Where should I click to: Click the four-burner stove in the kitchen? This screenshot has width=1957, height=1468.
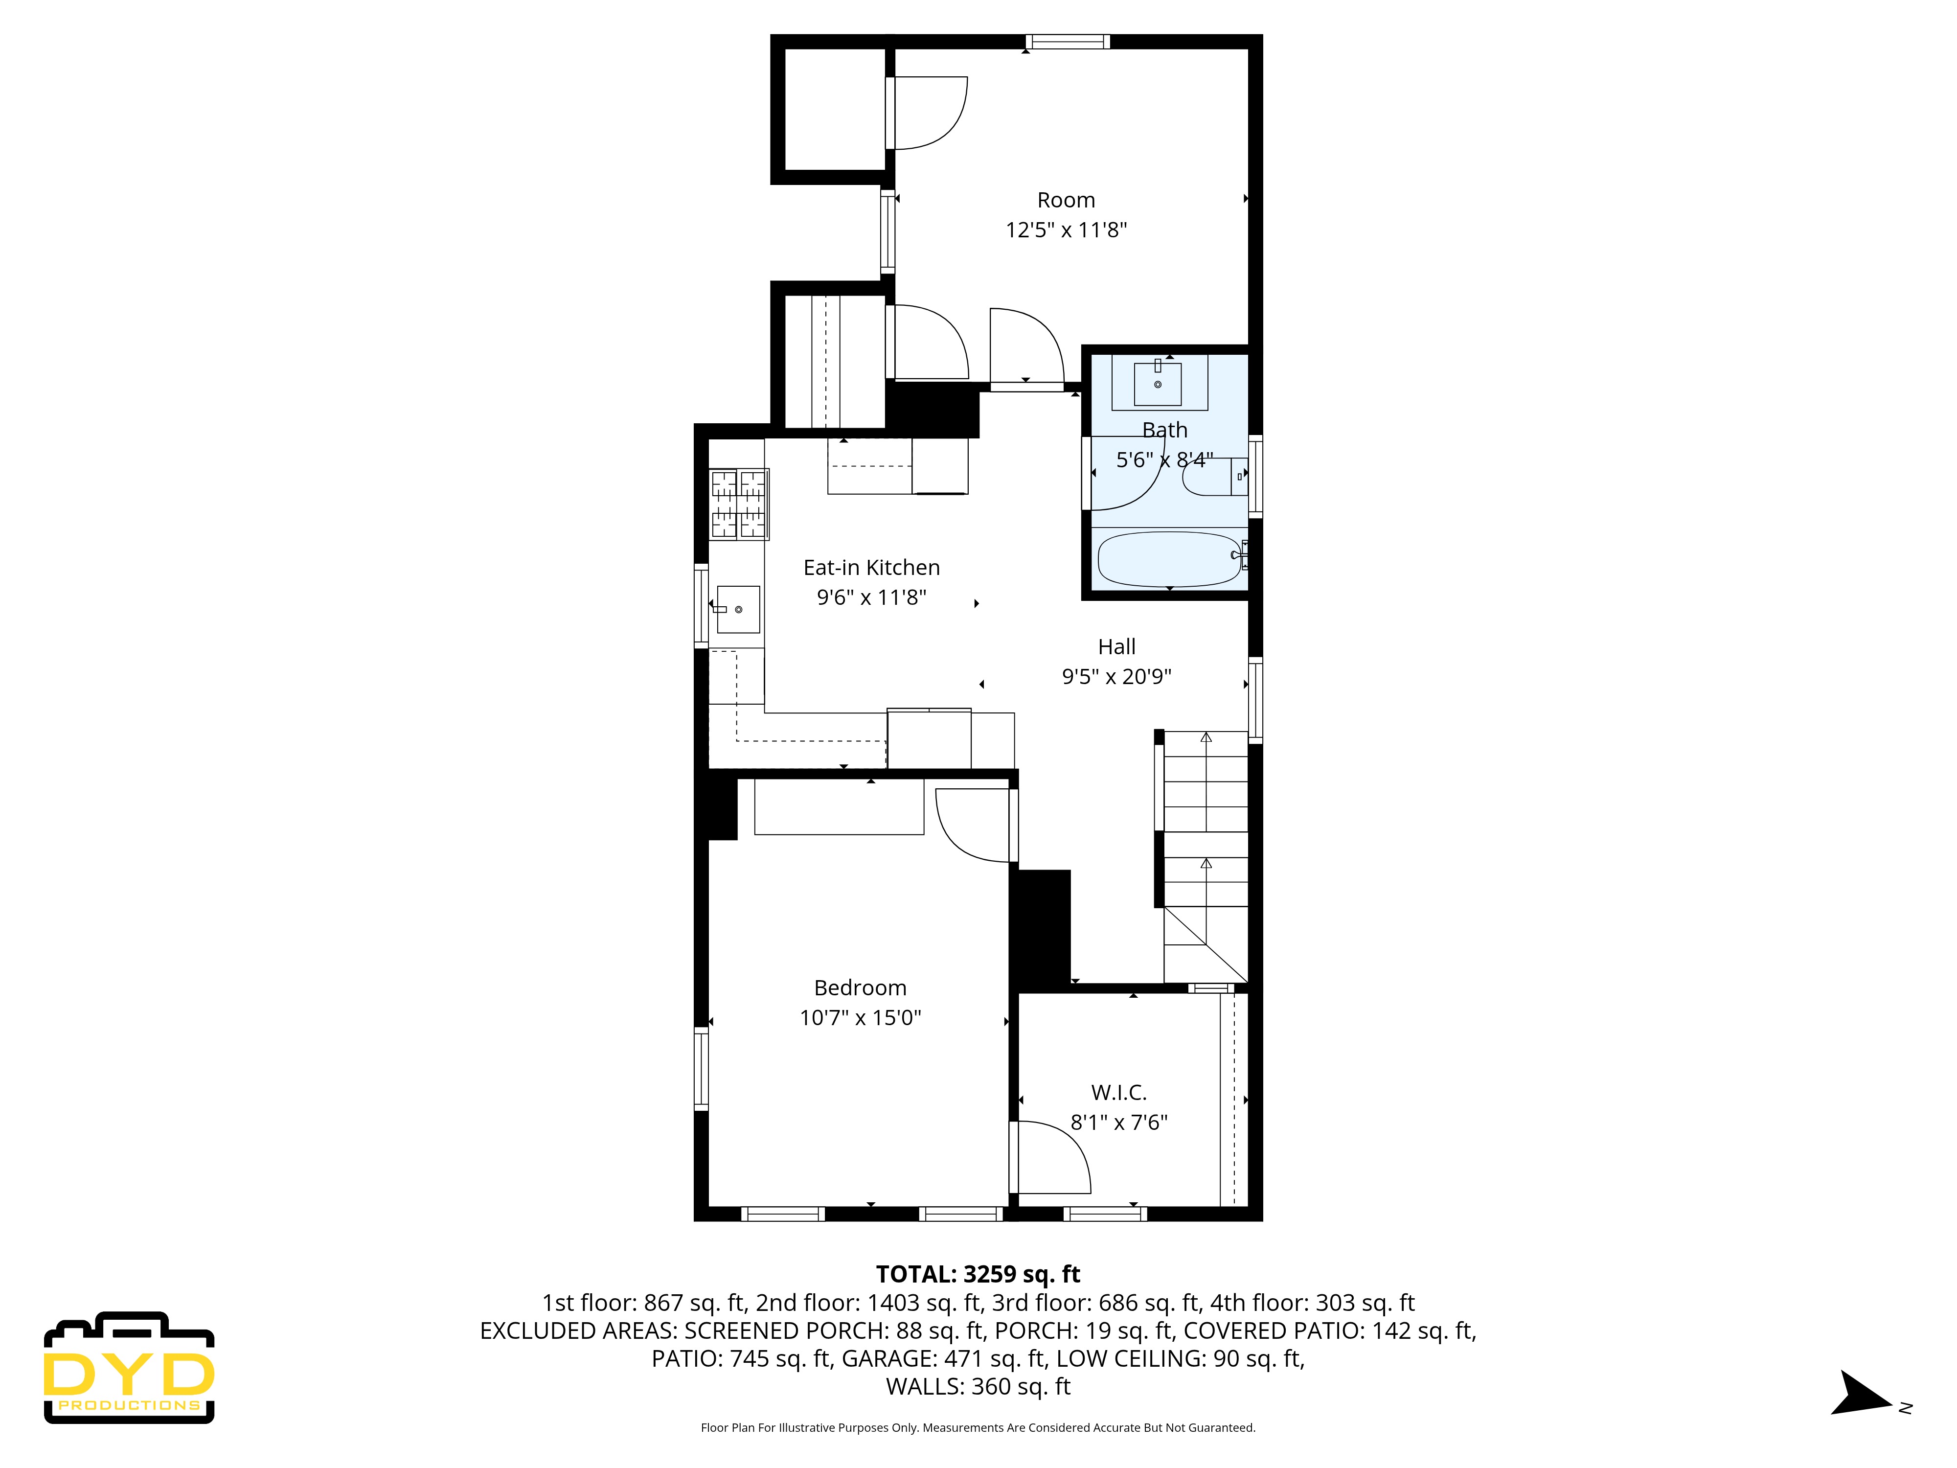(x=739, y=505)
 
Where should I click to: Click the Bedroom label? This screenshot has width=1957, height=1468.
(x=860, y=987)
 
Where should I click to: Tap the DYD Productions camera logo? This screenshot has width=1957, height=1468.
(x=129, y=1368)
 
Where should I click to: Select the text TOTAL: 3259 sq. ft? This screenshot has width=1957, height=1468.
(x=978, y=1274)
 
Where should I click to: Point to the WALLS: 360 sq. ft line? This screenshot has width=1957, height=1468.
(x=978, y=1387)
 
